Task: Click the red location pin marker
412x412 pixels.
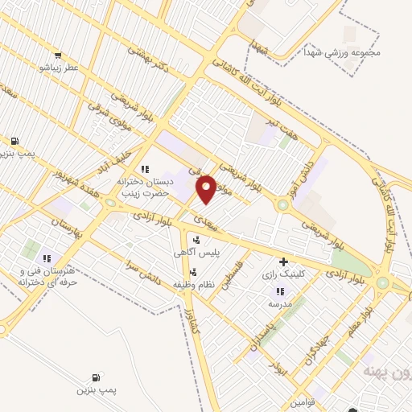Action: coord(207,188)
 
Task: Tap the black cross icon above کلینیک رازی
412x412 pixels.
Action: coord(282,262)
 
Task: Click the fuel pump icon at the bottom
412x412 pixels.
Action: coord(97,377)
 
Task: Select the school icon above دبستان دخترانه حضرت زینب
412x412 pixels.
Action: coord(145,169)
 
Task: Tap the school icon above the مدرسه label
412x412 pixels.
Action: coord(278,291)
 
